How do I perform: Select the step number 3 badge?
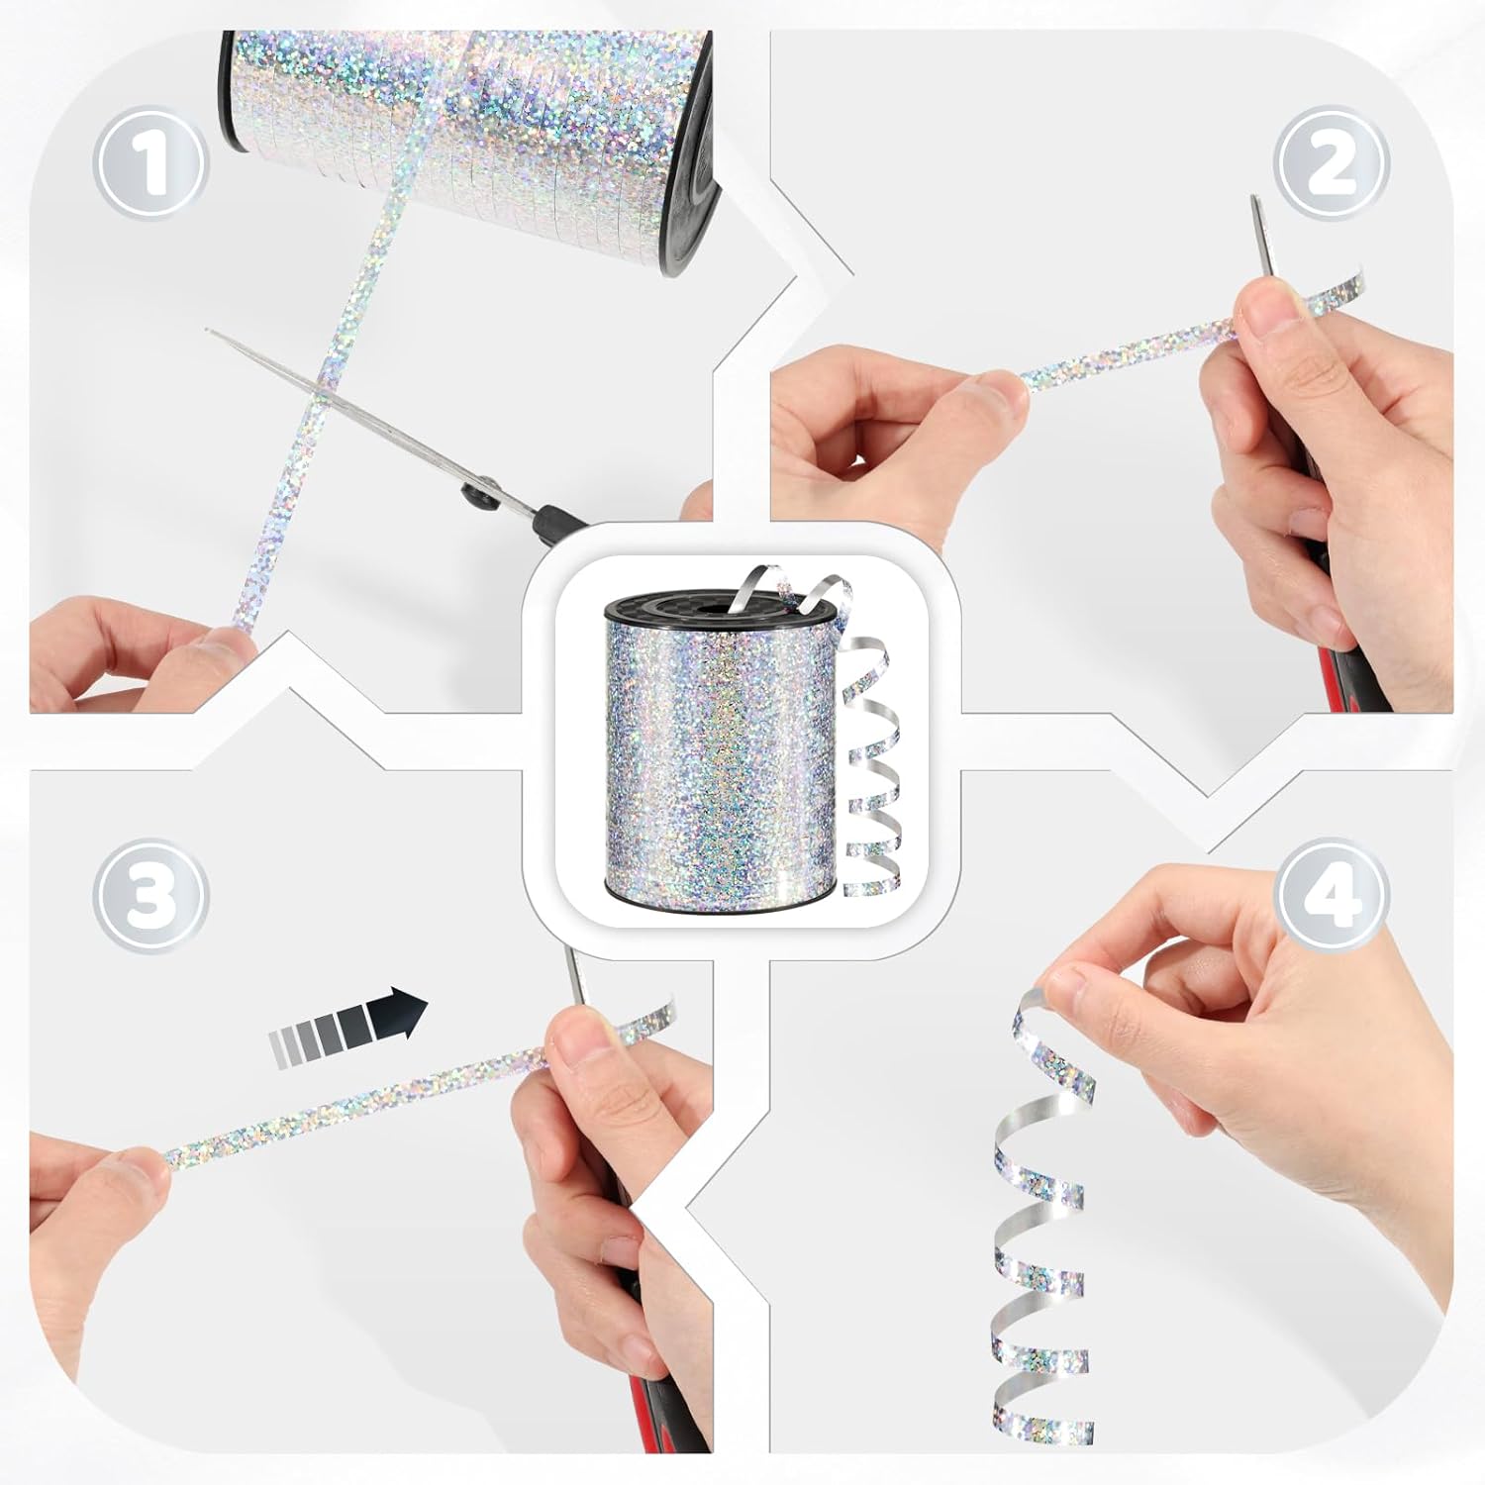tap(150, 897)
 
